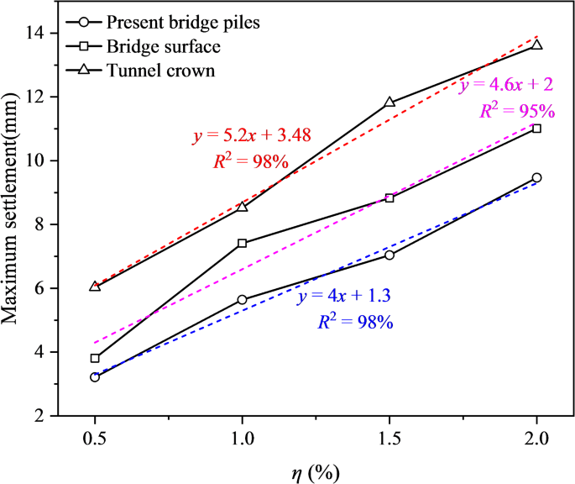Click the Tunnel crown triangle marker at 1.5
coord(389,103)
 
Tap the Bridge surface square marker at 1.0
coord(243,243)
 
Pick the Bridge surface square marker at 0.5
coord(95,358)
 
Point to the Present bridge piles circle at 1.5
coord(389,255)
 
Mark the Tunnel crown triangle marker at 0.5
coord(95,286)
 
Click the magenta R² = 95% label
coord(517,111)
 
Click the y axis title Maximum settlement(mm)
coord(16,224)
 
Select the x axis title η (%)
coord(316,471)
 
